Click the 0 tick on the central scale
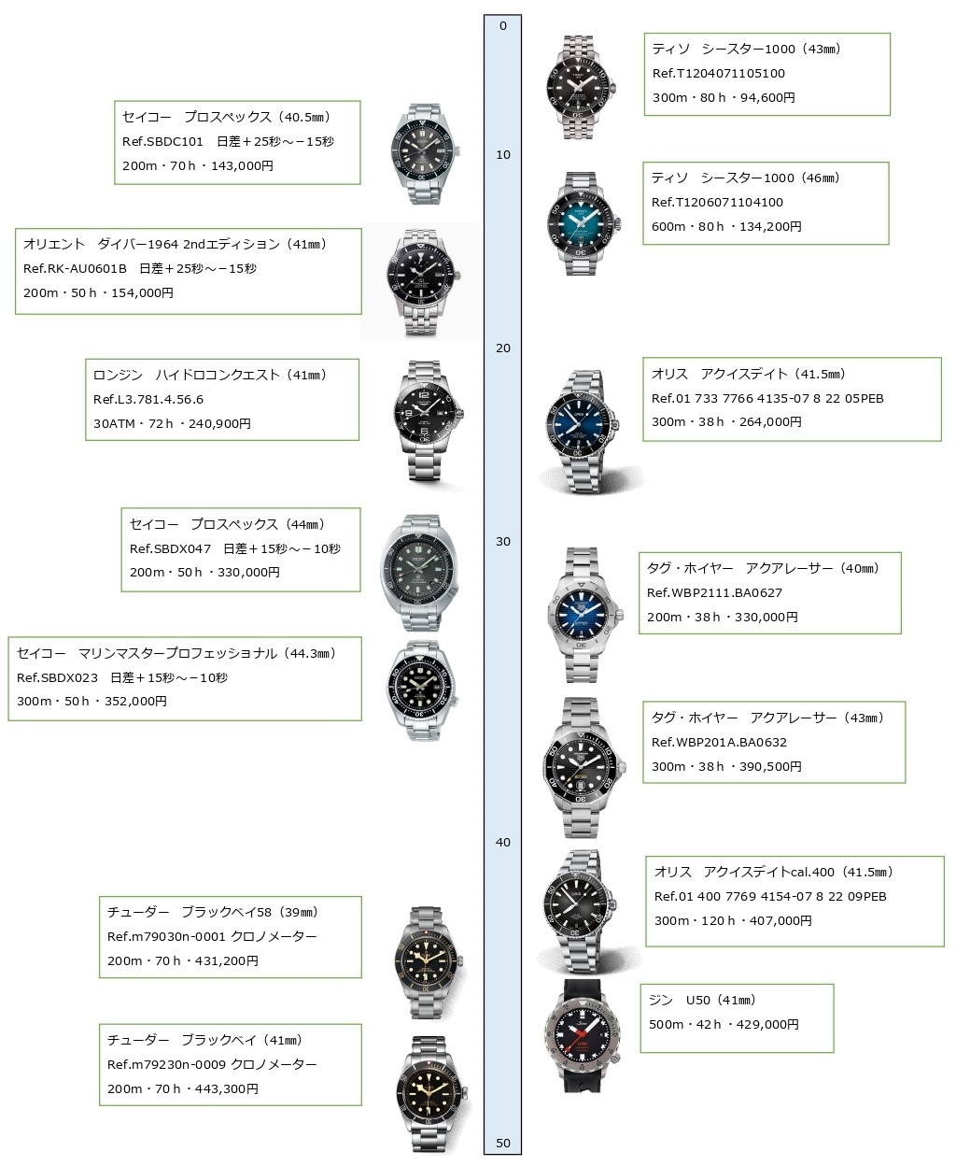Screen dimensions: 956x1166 pyautogui.click(x=502, y=26)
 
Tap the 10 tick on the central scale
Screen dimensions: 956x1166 pyautogui.click(x=502, y=155)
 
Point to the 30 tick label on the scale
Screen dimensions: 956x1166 pyautogui.click(x=502, y=542)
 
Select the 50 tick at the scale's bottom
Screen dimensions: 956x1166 pyautogui.click(x=502, y=1144)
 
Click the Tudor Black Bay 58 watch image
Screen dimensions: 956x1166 pyautogui.click(x=426, y=960)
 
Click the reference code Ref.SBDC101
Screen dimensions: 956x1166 pyautogui.click(x=162, y=142)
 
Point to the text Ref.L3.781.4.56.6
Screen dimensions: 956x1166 pyautogui.click(x=148, y=400)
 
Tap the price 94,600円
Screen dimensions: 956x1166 pyautogui.click(x=767, y=97)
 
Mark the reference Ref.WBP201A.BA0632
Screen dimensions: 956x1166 pyautogui.click(x=719, y=743)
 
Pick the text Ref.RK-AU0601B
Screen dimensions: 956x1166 pyautogui.click(x=75, y=269)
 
